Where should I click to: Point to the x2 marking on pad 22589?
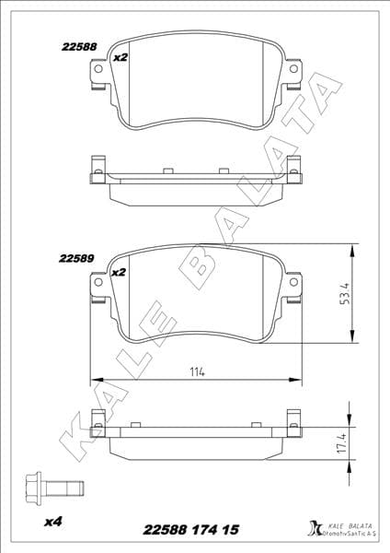tap(118, 272)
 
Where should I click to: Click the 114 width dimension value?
tap(196, 371)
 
